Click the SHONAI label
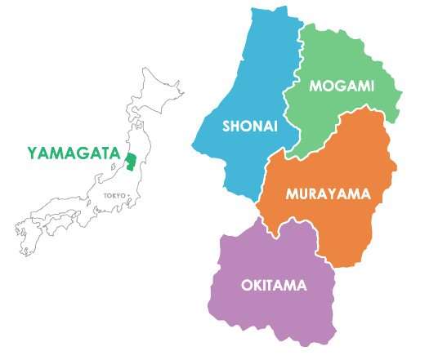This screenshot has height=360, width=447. [x=250, y=127]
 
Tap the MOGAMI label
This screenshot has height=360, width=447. [x=342, y=84]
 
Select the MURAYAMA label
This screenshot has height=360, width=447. [x=328, y=194]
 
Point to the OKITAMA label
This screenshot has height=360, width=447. [x=274, y=285]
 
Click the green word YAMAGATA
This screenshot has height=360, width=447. [x=74, y=153]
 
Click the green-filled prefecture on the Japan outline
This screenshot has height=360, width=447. [x=130, y=157]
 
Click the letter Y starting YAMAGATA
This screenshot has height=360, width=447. [x=32, y=153]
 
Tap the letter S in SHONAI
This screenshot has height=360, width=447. [x=226, y=127]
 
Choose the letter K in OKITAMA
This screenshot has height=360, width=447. [x=256, y=285]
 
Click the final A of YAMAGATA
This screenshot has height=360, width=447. [x=115, y=153]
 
